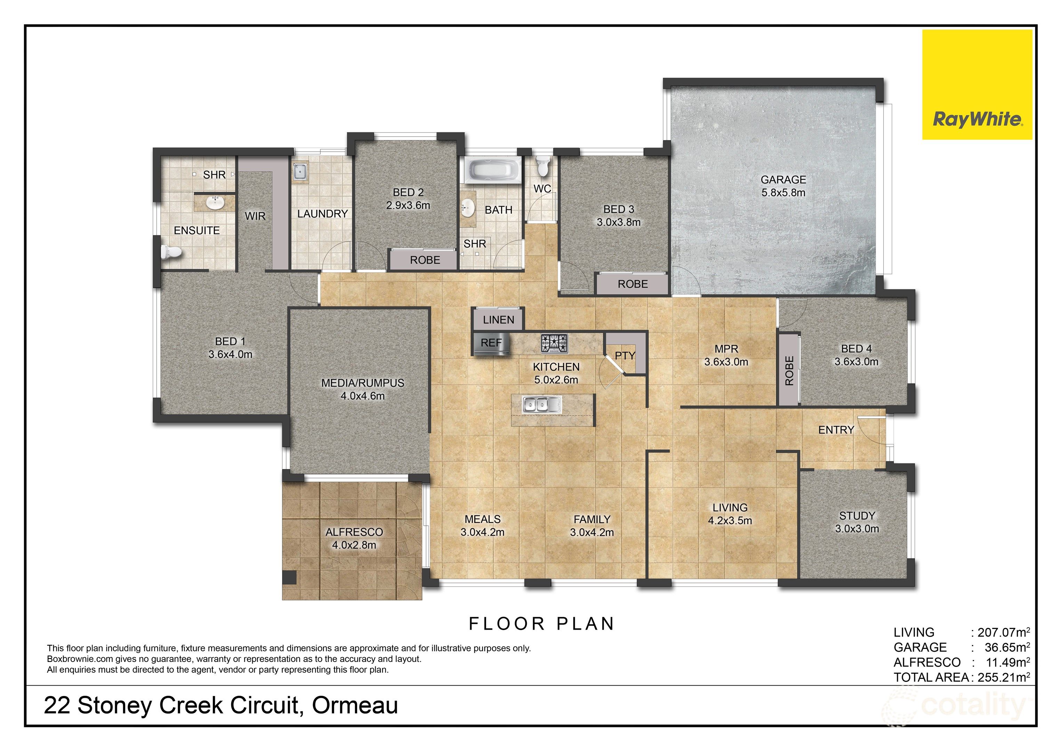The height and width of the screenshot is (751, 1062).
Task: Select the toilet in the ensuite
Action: click(x=171, y=252)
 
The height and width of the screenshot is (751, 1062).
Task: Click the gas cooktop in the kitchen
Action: click(x=554, y=344)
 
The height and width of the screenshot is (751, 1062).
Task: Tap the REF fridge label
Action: click(x=491, y=343)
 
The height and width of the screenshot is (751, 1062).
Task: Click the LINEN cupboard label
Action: click(x=498, y=320)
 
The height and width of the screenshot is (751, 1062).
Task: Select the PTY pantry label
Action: click(x=625, y=356)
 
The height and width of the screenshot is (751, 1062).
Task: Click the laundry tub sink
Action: click(x=300, y=171)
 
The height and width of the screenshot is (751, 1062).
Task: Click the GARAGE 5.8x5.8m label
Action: click(x=783, y=186)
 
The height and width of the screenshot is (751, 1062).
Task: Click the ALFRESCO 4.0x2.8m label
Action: click(x=354, y=538)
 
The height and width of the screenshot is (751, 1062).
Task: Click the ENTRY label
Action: click(x=836, y=430)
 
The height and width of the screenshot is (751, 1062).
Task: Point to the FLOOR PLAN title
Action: click(x=541, y=624)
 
